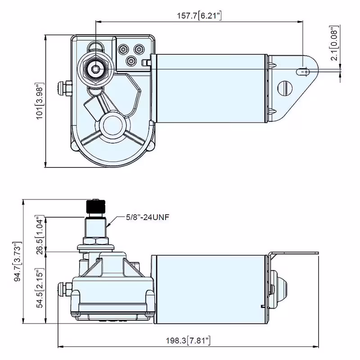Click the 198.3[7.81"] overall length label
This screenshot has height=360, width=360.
coord(188,341)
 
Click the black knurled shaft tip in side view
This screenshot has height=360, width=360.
coord(95,207)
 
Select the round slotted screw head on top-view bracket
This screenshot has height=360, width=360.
coord(284,88)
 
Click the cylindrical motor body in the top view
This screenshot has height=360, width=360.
coord(209,88)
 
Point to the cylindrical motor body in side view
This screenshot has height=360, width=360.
coord(209,288)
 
